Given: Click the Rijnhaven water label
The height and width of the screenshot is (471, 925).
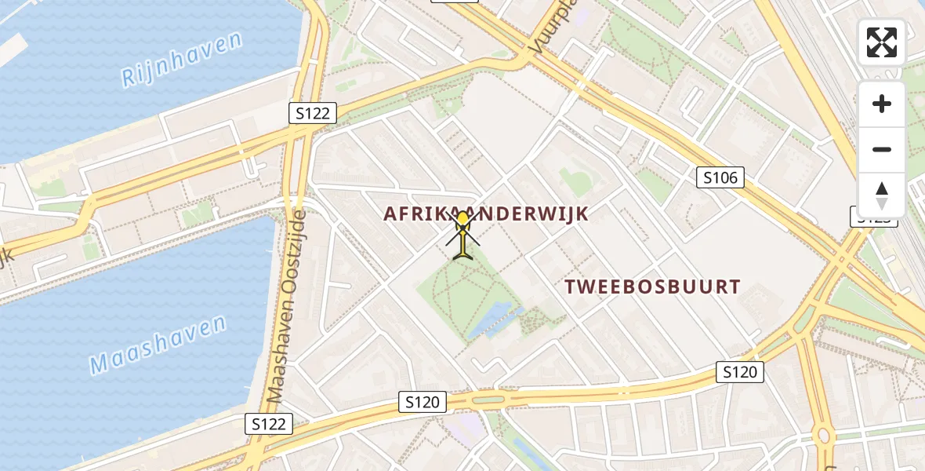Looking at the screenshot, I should [181, 60].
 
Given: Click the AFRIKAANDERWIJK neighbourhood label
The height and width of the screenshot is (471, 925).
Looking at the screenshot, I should [486, 213].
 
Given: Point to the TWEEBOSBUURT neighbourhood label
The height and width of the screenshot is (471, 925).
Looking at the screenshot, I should [653, 287].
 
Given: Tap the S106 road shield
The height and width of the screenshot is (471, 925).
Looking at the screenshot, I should [720, 177].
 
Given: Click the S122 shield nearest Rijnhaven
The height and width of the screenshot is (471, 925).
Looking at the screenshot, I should [313, 114].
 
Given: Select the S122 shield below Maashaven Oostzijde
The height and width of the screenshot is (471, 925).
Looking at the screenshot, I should [269, 424].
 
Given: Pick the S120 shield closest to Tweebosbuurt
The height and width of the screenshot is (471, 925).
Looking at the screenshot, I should [739, 371].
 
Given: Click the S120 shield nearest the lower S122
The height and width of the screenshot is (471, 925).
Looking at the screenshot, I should [423, 403].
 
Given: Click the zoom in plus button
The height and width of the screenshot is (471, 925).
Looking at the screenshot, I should [882, 104].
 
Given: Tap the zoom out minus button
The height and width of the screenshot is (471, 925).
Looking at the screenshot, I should [882, 149].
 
